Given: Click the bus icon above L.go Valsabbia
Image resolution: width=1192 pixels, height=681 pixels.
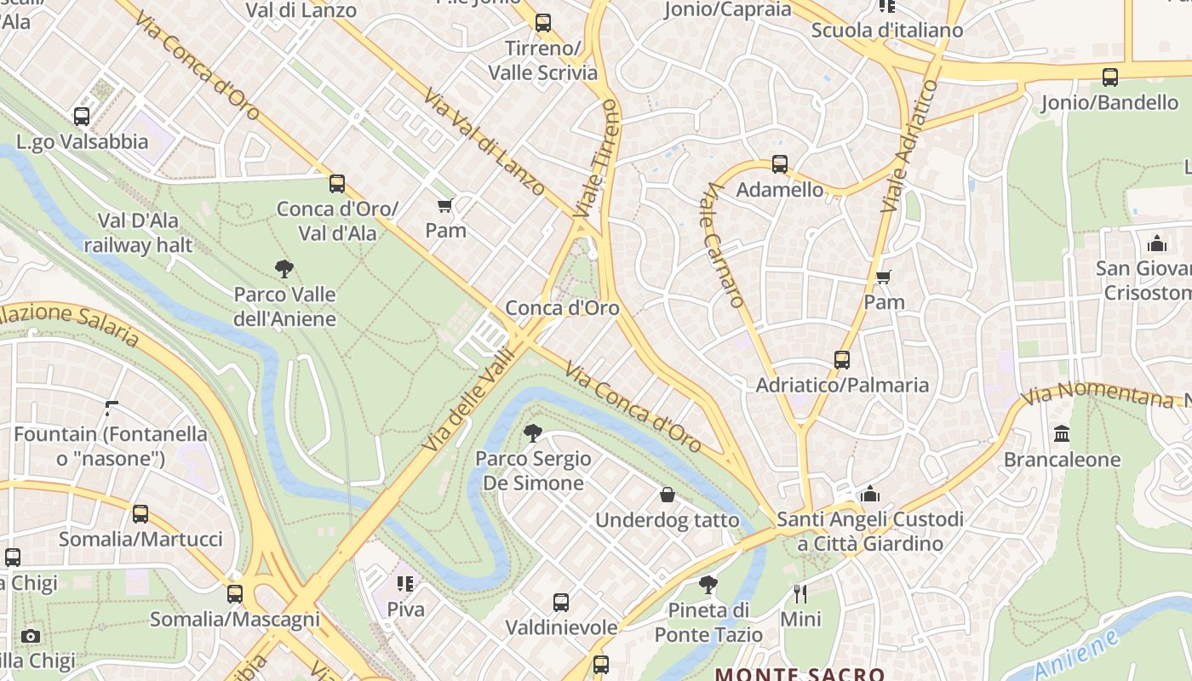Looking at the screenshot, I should (x=82, y=117).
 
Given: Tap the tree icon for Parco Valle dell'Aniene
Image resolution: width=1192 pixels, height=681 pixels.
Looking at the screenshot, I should (x=284, y=270).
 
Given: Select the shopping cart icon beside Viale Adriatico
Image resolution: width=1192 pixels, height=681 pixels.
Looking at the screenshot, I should (x=883, y=278).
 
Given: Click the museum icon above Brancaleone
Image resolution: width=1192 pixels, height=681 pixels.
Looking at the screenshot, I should (x=1061, y=434).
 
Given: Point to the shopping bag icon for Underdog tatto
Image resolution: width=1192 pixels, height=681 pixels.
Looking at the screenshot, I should (x=668, y=495).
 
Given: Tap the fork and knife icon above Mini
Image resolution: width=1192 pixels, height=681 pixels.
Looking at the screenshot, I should (x=799, y=593).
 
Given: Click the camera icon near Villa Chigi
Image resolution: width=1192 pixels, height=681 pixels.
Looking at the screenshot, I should (x=31, y=636).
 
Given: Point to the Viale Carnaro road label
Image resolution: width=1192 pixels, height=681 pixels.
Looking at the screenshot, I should (x=722, y=246).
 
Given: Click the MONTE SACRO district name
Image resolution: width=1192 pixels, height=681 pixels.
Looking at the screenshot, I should (x=799, y=674).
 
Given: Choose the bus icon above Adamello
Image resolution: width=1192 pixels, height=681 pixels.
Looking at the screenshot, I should (x=779, y=164).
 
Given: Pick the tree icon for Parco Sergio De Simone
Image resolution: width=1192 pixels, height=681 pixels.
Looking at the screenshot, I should (x=533, y=433).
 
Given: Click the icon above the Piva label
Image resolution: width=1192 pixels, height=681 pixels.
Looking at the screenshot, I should (x=404, y=584).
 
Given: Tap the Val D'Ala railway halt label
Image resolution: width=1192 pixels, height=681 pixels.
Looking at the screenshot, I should (x=138, y=233).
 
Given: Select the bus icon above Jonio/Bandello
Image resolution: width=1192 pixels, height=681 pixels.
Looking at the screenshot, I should (x=1109, y=77).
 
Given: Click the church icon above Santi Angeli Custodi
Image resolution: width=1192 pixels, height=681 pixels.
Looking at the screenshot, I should (x=869, y=494).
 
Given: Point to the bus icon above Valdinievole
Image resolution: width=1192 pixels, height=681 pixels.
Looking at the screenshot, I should (x=561, y=603).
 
